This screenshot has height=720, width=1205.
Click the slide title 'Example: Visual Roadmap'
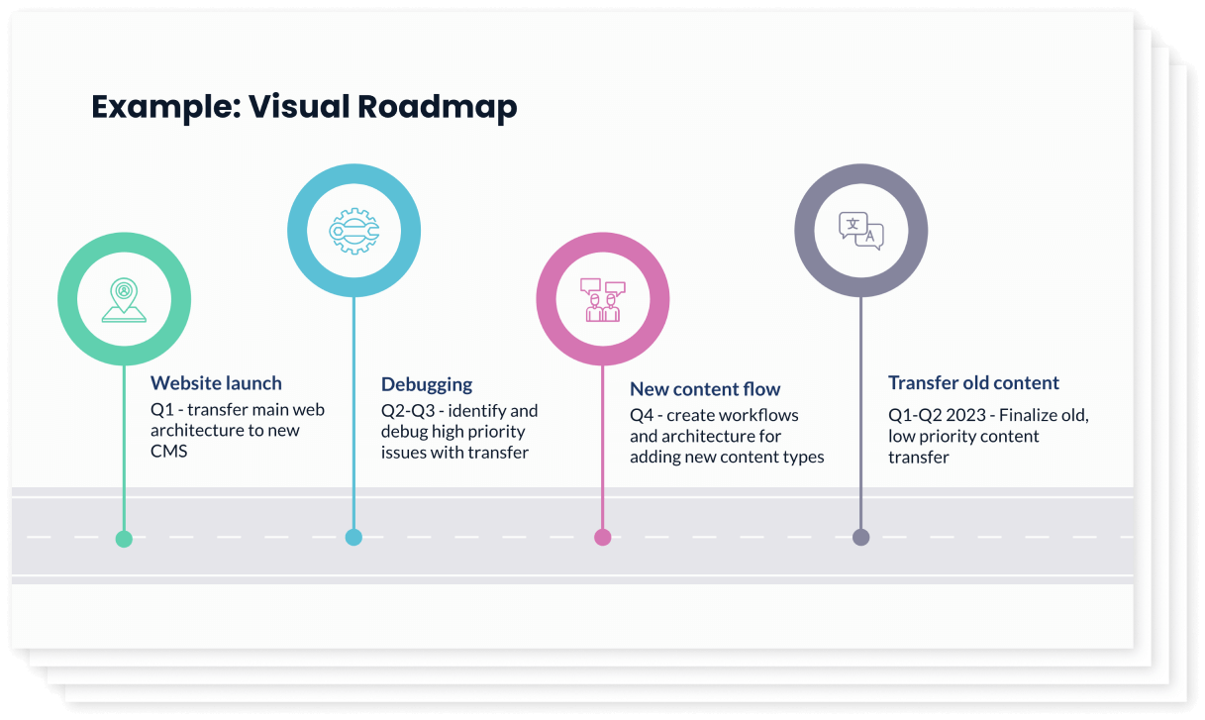coord(304,106)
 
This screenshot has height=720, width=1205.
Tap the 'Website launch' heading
coord(216,383)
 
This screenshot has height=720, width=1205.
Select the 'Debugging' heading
coord(427,384)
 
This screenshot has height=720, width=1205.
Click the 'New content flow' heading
coord(705,389)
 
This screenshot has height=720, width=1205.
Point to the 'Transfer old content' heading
coord(973,383)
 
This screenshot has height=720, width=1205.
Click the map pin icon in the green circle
coord(124,299)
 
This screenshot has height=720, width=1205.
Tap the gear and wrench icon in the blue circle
coord(353,231)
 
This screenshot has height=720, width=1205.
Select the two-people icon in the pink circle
coord(602,300)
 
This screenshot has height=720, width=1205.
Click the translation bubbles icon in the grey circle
coord(860,231)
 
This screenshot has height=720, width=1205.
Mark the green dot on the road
coord(124,539)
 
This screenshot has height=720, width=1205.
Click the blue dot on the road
coord(353,537)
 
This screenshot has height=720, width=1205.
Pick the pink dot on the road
coord(602,537)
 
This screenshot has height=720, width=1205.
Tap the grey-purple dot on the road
coord(860,537)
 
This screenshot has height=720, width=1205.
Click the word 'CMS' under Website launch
coord(169,452)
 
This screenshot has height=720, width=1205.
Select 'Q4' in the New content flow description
coord(642,415)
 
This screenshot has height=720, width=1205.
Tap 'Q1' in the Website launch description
coord(161,409)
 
